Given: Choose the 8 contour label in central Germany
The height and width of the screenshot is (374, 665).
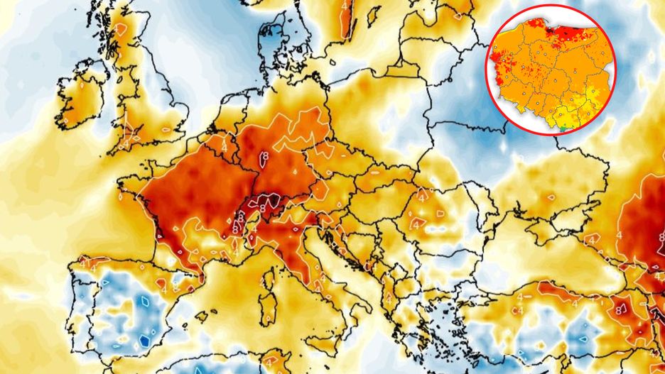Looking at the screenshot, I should (x=264, y=154).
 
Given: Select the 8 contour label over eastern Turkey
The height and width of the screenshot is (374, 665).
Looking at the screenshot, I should (x=620, y=309).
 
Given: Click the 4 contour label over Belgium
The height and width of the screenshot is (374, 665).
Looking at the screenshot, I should (x=225, y=145).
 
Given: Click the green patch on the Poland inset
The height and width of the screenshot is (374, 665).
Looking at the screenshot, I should (x=563, y=128).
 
